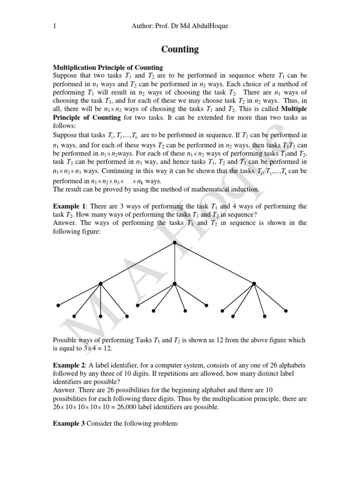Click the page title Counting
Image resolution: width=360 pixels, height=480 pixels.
pos(180,49)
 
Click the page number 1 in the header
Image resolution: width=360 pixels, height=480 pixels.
pos(55,27)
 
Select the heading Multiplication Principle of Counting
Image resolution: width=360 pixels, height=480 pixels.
pos(108,67)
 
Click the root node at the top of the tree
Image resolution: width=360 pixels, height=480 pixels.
pos(174,242)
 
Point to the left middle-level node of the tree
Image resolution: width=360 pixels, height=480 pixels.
pos(100,283)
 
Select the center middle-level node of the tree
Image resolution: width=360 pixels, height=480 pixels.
pos(174,283)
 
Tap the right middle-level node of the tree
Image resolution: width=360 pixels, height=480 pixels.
pos(254,283)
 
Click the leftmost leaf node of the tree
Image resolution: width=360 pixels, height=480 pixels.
pos(58,305)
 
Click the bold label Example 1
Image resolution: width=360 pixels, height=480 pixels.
pos(70,206)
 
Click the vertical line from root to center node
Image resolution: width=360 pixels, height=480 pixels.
pos(174,262)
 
